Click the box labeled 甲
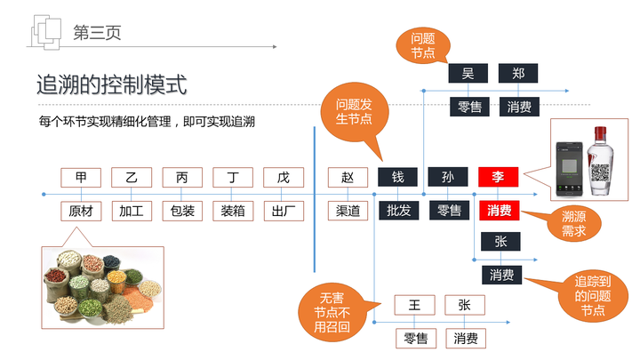pos(81,178)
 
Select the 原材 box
pos(81,211)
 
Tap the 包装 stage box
pos(182,211)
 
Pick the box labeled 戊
pos(284,178)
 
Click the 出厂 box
pos(284,211)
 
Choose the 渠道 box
pos(348,211)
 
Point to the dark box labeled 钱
pos(397,177)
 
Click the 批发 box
pos(399,211)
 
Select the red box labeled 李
pos(498,177)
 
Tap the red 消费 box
pos(500,211)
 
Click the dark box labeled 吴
pos(468,74)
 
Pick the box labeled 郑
pos(518,74)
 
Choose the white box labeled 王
pos(415,305)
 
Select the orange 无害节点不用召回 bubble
pos(332,312)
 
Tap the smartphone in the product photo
pos(570,169)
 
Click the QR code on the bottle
pos(600,172)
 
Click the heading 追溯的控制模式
pos(112,84)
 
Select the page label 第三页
pos(97,33)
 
